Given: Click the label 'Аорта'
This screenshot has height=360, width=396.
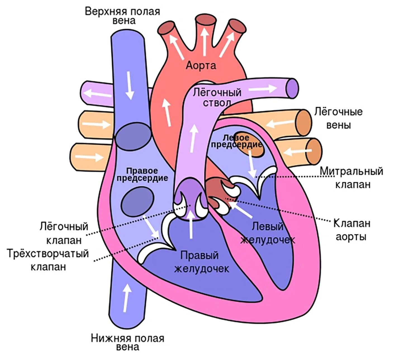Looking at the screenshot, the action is pos(201,65).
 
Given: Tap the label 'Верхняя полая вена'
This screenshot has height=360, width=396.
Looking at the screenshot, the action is pos(122,16).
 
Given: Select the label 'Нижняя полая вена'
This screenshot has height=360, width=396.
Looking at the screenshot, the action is pos(127,342).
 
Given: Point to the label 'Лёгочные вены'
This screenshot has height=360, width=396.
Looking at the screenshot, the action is pos(338,118).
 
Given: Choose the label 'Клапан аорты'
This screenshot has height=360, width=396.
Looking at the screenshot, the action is pos(352,230).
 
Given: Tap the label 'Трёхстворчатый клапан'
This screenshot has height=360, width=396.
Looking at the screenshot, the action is pos(48,260).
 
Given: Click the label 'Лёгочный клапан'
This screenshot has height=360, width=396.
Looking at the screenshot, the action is pos(64,233).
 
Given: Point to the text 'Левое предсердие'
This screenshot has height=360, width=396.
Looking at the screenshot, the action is pos(236,141).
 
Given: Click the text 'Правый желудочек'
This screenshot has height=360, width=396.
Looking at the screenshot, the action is pos(201,262).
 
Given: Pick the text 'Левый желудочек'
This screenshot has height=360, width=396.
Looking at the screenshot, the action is pos(268,233).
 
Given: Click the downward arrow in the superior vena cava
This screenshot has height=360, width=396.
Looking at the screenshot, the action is pos(129,85).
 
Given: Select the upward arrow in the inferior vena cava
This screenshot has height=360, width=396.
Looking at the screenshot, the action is pos(127,298).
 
